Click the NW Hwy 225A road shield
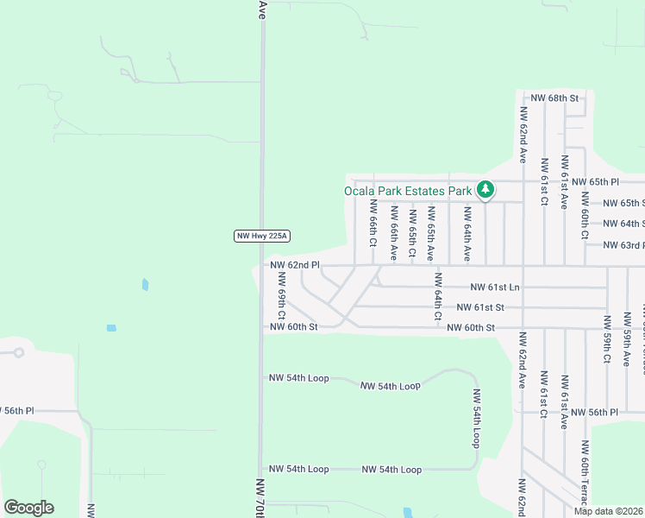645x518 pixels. point(261,236)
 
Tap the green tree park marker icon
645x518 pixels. point(485,189)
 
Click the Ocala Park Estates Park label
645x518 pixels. point(408,191)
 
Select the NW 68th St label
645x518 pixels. point(554,98)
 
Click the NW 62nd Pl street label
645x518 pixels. point(295,265)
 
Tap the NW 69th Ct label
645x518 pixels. point(281,294)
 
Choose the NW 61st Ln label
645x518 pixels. point(495,287)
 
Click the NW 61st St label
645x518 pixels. point(480,307)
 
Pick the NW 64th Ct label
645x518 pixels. point(438,296)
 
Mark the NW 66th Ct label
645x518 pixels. point(373,224)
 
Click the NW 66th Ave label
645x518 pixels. point(393,233)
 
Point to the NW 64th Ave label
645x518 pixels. point(467,233)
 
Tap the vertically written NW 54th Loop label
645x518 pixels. point(475,418)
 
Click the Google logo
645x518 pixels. point(28,508)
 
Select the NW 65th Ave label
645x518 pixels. point(431,233)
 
